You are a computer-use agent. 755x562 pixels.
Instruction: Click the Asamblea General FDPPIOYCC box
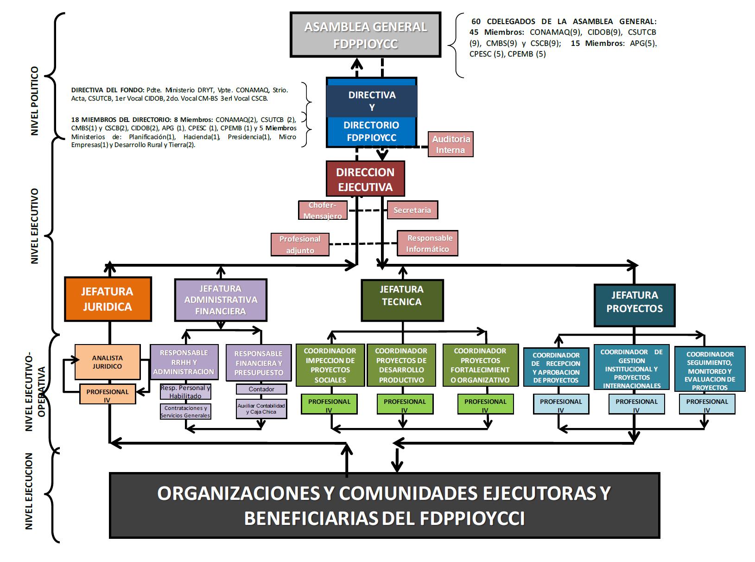[x=365, y=35]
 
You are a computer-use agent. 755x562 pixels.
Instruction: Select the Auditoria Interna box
[x=450, y=145]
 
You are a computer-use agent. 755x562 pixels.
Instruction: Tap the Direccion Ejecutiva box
[x=365, y=179]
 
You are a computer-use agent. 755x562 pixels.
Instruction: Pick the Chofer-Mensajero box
[x=323, y=210]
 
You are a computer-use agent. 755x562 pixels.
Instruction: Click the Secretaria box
[x=412, y=210]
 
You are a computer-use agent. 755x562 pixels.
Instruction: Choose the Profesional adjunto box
[x=300, y=244]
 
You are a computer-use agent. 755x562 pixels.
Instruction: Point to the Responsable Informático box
[x=427, y=243]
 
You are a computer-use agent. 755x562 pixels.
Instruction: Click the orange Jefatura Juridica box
[x=108, y=299]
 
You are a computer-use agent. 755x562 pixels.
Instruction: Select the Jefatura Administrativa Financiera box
[x=221, y=300]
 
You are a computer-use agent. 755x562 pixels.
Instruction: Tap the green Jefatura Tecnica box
[x=402, y=300]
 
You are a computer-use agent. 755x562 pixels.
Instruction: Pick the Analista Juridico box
[x=108, y=362]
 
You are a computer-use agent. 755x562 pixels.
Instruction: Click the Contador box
[x=261, y=389]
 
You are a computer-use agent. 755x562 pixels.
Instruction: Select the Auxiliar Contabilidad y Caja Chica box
[x=261, y=409]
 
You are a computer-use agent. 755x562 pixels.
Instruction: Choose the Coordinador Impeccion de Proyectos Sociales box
[x=330, y=365]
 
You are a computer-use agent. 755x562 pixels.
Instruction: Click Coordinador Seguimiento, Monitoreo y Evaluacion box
[x=710, y=370]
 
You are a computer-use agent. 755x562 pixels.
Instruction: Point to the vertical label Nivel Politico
[x=35, y=101]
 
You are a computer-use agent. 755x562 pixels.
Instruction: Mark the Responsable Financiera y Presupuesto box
[x=259, y=363]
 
